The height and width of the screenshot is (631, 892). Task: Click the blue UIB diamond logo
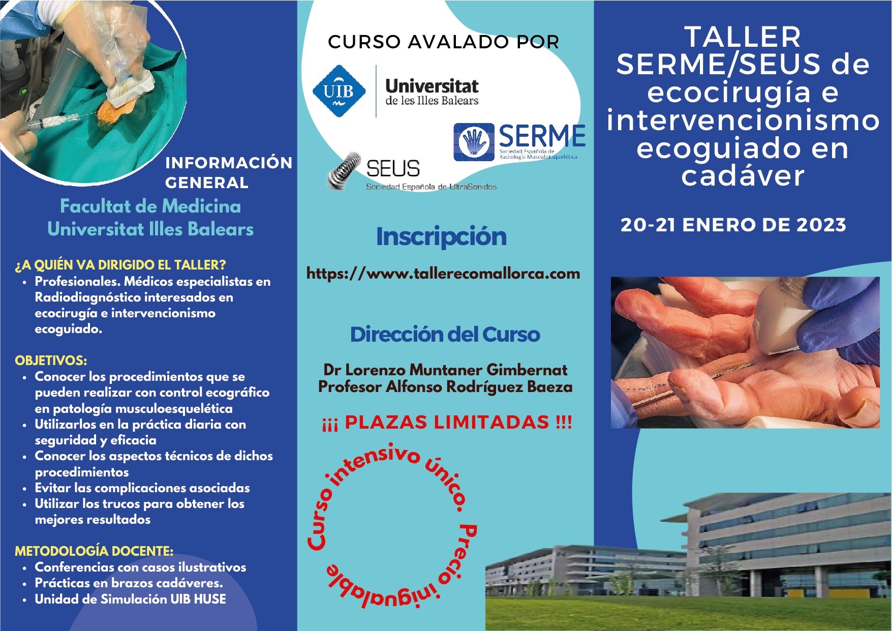(x=339, y=91)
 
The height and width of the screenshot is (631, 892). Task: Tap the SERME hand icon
(x=474, y=142)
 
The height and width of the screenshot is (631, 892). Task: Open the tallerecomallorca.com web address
(x=443, y=274)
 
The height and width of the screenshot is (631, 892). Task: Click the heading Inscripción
(x=441, y=236)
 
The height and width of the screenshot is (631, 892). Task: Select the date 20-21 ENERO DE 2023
(x=733, y=225)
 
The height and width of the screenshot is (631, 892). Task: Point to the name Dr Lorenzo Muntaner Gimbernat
(x=445, y=370)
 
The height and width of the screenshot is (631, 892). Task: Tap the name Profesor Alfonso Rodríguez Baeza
(x=445, y=387)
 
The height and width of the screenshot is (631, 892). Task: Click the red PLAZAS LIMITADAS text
(x=447, y=422)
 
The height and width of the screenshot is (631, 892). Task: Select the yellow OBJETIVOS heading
(x=51, y=360)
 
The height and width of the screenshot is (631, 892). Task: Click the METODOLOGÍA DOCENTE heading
(x=94, y=551)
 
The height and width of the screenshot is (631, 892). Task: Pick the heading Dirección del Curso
(x=445, y=335)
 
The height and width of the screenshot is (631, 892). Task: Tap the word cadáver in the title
(x=743, y=176)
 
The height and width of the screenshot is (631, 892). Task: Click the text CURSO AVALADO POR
(x=444, y=42)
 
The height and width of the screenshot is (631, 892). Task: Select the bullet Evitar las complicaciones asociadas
(x=142, y=488)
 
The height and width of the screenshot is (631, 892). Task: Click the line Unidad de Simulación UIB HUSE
(x=130, y=599)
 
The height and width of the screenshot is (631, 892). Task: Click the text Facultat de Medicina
(x=150, y=206)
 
